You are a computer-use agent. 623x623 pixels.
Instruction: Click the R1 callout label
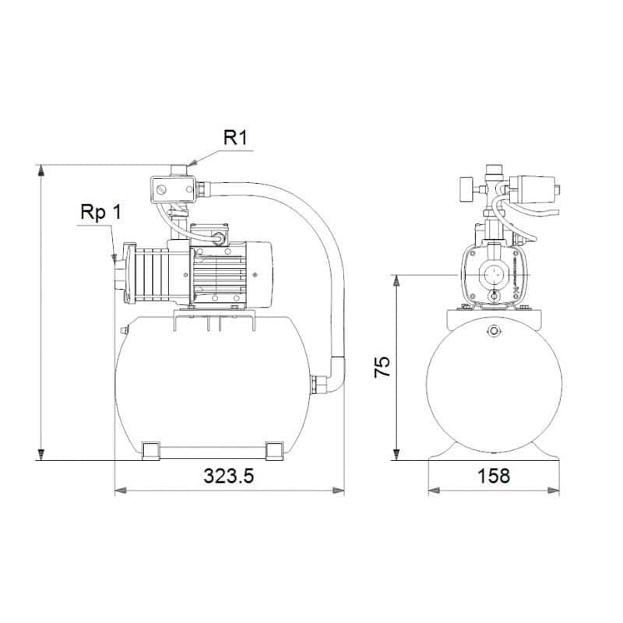click(x=235, y=139)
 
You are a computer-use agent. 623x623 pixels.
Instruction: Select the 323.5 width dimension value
click(x=230, y=476)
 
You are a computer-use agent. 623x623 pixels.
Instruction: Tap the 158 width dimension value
click(x=494, y=476)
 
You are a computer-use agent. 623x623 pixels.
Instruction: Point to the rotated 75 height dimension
click(x=382, y=367)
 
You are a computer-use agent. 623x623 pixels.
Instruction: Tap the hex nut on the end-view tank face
click(x=493, y=333)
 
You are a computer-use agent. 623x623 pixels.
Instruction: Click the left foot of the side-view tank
click(x=151, y=450)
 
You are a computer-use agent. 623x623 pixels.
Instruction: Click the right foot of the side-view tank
click(x=275, y=450)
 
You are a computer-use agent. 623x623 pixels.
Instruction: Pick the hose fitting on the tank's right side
click(x=317, y=386)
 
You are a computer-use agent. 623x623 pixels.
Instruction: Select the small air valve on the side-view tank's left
click(x=122, y=332)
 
